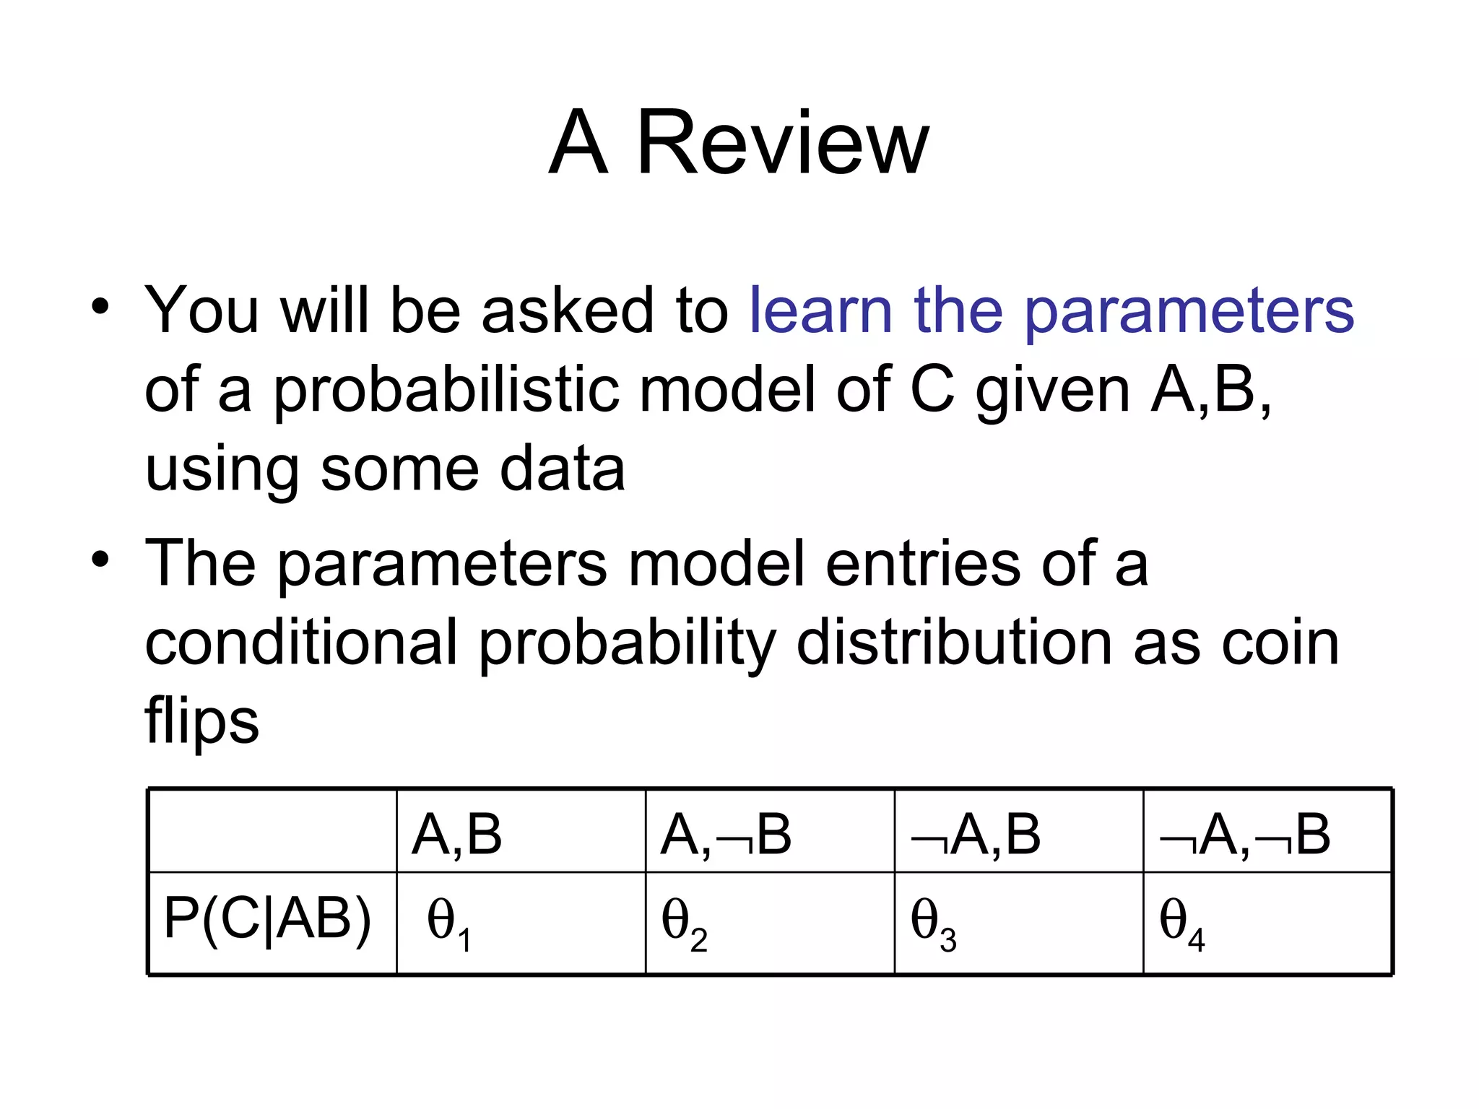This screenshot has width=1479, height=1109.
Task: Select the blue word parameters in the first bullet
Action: [x=1189, y=312]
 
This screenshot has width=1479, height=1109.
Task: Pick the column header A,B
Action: [x=456, y=835]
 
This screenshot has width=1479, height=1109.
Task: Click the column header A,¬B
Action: [x=726, y=835]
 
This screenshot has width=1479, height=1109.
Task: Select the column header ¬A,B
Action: [x=976, y=835]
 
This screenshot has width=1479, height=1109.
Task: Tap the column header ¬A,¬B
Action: [x=1245, y=835]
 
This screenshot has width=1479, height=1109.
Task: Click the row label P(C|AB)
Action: [x=268, y=919]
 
